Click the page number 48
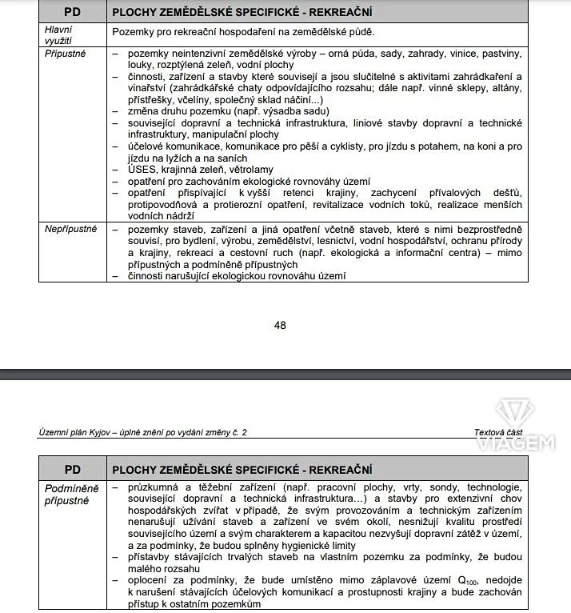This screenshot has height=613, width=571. click(280, 325)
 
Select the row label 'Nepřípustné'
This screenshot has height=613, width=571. click(71, 229)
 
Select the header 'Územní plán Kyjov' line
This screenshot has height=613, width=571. click(143, 432)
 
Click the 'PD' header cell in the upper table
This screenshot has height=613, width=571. click(71, 13)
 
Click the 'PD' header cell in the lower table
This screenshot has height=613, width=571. click(71, 470)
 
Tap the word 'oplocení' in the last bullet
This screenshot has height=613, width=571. click(153, 579)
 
